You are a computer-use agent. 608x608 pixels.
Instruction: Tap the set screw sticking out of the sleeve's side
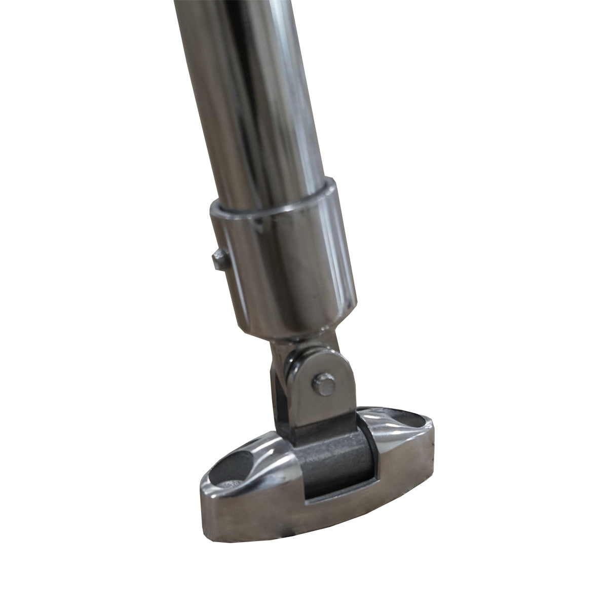[218, 260]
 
